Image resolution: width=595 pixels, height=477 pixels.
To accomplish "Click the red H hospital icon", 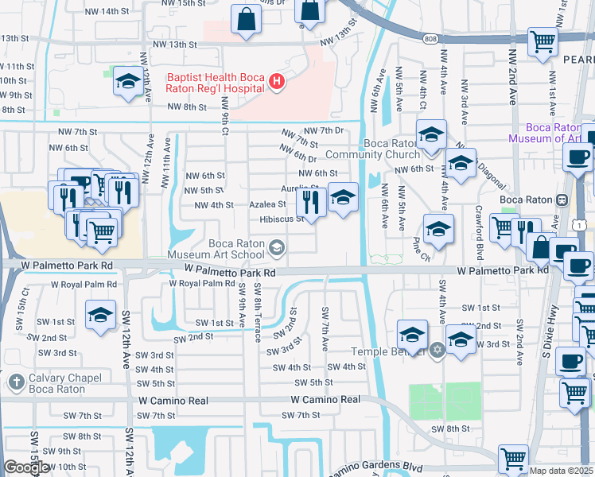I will coord(276,80).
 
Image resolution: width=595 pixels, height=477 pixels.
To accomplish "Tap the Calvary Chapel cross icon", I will coord(14,382).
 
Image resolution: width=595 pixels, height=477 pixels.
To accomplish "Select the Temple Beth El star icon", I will coord(436,350).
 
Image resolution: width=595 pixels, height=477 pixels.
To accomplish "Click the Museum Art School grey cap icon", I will coord(276,249).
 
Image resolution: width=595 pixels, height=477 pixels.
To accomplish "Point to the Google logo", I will coord(26,467).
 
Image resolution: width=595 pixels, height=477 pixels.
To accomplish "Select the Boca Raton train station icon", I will coord(562,200).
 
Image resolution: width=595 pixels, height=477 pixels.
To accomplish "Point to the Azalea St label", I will coord(267,204).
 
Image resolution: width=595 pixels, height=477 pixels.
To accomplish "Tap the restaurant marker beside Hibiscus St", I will coord(311,204).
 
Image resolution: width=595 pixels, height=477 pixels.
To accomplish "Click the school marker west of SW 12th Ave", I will coord(101,316).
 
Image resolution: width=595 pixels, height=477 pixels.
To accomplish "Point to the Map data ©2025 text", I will coord(562,471).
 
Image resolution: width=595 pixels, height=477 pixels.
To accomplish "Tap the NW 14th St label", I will coord(105,11).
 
